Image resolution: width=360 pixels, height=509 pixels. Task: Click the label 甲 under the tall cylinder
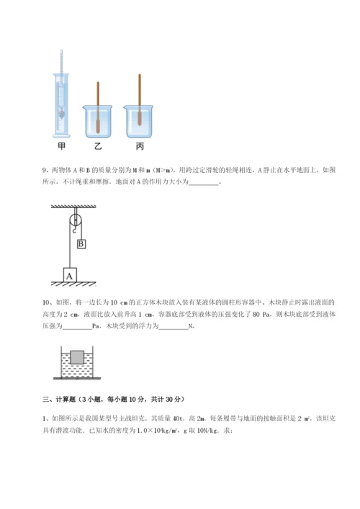click(61, 145)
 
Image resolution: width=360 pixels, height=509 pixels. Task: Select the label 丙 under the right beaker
click(139, 145)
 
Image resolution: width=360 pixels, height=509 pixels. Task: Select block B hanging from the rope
click(81, 244)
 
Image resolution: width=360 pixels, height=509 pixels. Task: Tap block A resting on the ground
click(70, 275)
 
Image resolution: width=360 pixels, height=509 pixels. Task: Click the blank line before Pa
click(77, 325)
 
